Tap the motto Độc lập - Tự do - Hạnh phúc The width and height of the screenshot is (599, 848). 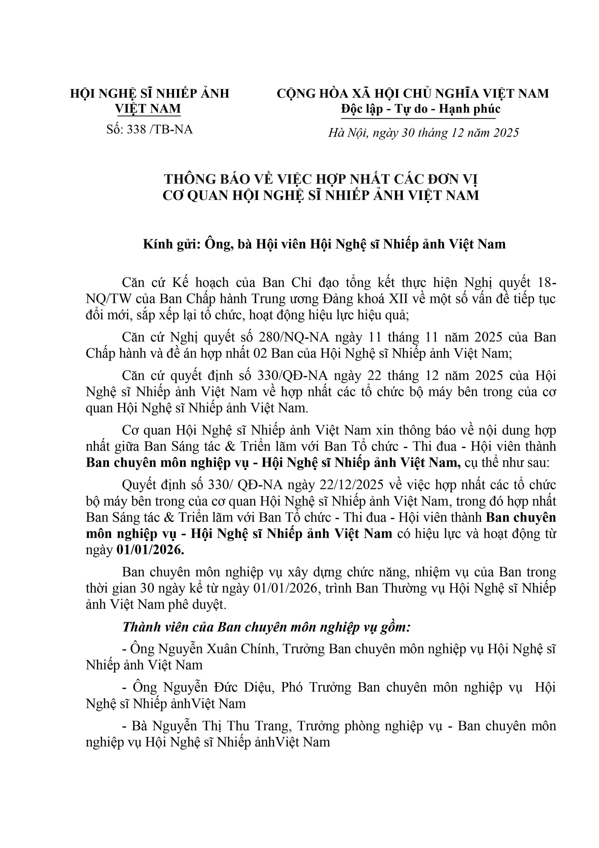(x=421, y=109)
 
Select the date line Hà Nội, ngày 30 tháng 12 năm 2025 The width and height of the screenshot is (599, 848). (x=424, y=132)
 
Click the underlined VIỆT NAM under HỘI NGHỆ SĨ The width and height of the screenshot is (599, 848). (x=148, y=109)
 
